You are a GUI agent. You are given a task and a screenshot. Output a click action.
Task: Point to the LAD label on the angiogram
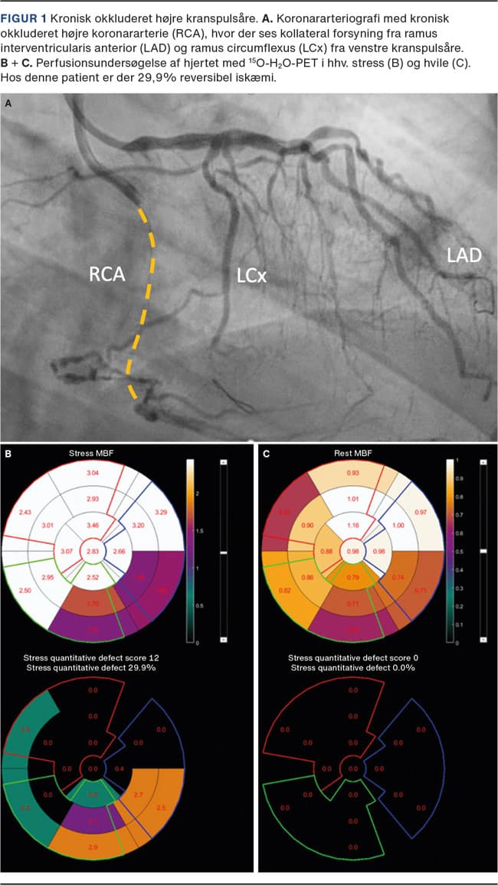(464, 254)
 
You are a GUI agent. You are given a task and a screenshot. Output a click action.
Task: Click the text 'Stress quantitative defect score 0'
(353, 657)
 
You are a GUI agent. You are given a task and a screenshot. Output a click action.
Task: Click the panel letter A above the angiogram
(8, 102)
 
